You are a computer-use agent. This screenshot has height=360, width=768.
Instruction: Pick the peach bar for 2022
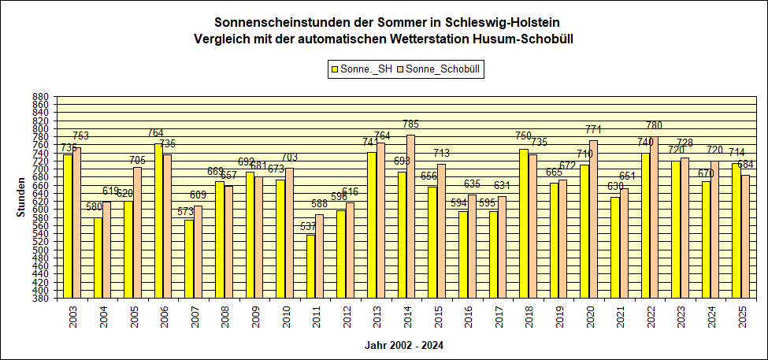[x=653, y=217]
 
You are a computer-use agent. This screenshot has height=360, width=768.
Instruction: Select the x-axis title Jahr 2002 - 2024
[x=403, y=345]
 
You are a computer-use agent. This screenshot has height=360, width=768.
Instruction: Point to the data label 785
[x=410, y=124]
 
